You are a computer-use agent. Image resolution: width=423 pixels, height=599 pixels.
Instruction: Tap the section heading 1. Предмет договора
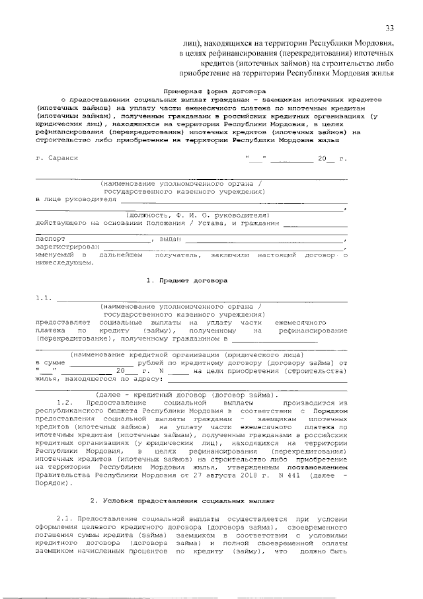coord(187,280)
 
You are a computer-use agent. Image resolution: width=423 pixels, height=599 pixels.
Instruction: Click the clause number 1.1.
coord(44,299)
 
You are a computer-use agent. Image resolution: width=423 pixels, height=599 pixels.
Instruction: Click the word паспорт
coord(51,239)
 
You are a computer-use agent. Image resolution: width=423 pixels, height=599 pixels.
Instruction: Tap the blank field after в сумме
coord(101,363)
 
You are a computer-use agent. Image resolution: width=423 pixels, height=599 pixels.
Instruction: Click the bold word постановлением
coord(316,466)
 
